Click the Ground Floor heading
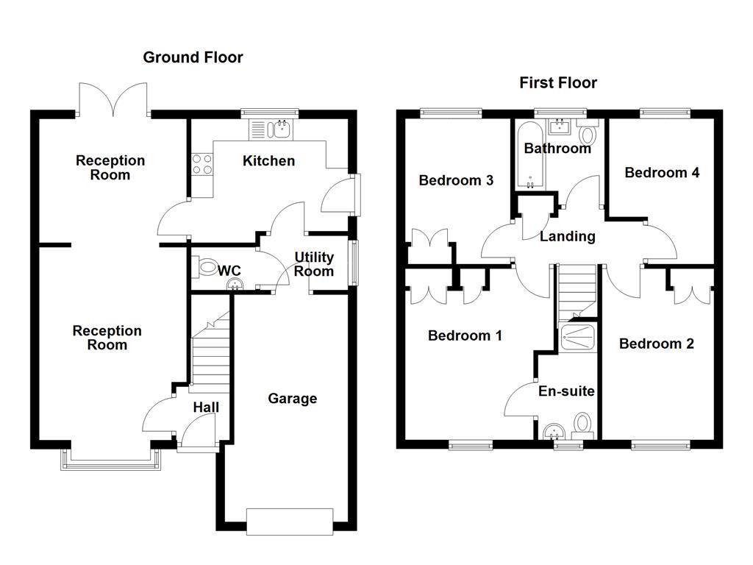click(193, 57)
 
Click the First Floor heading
click(558, 82)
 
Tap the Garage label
click(292, 399)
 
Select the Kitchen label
click(269, 160)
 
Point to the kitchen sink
click(279, 129)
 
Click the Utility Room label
click(314, 264)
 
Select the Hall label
click(206, 407)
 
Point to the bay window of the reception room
click(111, 458)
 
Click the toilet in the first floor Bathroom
click(588, 135)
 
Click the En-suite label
click(566, 391)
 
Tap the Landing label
click(567, 236)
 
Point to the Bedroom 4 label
click(662, 172)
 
